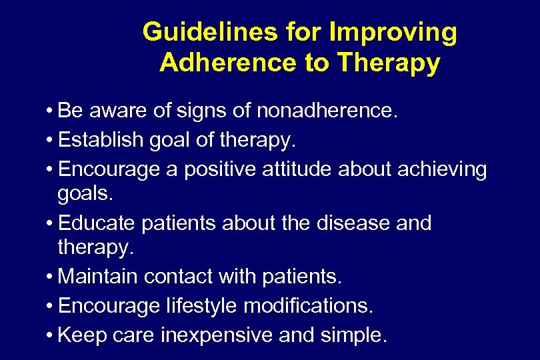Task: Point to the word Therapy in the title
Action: [x=389, y=63]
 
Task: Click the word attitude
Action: [x=300, y=169]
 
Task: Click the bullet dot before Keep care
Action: [x=51, y=335]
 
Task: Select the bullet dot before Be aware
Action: [x=51, y=111]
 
